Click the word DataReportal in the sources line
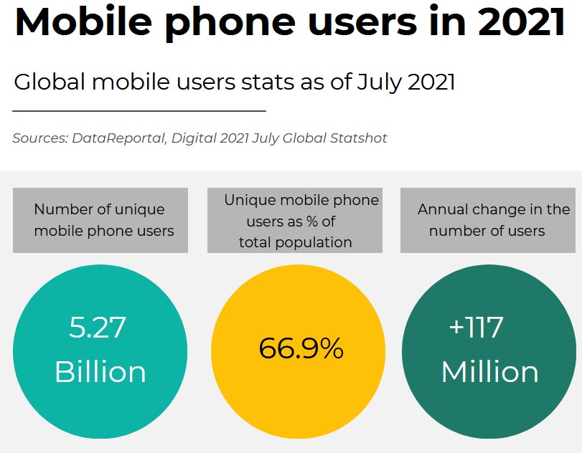(118, 138)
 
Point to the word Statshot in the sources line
(360, 138)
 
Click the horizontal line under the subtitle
(139, 111)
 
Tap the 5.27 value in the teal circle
(98, 328)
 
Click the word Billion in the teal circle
(100, 372)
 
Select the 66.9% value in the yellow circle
(301, 348)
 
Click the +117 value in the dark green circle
(476, 328)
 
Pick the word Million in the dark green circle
(489, 372)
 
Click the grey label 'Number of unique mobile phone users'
(100, 220)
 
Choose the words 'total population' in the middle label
(296, 242)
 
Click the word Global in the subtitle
(49, 82)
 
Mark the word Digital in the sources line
(193, 138)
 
